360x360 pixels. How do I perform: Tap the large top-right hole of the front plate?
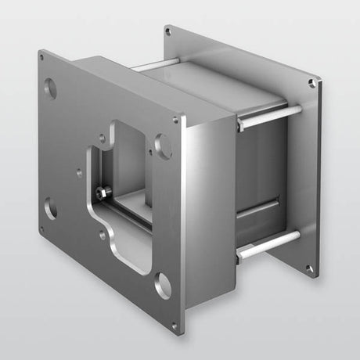point(163,145)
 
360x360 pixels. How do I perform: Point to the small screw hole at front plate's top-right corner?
point(175,120)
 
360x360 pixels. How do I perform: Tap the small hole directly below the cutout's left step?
point(102,233)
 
